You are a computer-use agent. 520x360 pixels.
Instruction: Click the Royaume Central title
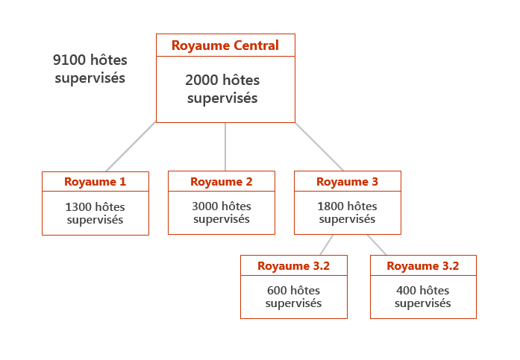(x=225, y=45)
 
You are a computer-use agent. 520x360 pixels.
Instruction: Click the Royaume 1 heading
(x=95, y=182)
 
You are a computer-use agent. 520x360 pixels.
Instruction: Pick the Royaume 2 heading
(x=221, y=182)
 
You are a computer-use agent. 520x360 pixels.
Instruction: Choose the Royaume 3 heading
(x=347, y=182)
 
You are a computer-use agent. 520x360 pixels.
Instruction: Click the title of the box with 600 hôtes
(x=293, y=266)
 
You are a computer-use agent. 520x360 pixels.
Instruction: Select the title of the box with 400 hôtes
(x=422, y=266)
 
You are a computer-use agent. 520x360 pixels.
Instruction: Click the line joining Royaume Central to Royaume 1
(x=131, y=147)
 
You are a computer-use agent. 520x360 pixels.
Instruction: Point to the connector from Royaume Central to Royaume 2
(x=225, y=147)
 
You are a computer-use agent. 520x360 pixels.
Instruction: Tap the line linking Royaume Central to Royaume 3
(x=319, y=147)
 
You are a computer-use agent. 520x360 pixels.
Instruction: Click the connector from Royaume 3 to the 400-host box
(x=376, y=244)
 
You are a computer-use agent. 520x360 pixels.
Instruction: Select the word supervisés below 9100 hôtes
(x=90, y=78)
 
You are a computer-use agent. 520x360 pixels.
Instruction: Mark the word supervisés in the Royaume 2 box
(x=221, y=219)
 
